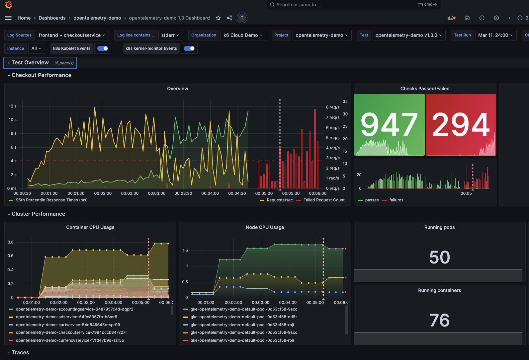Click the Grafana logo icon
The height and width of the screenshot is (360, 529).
pyautogui.click(x=9, y=5)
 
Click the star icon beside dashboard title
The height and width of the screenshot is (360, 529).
pyautogui.click(x=218, y=18)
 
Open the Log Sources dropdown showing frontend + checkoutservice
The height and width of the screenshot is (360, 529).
pyautogui.click(x=72, y=35)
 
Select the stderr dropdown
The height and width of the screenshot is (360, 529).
pyautogui.click(x=170, y=35)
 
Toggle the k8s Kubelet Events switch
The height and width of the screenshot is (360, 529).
pyautogui.click(x=103, y=48)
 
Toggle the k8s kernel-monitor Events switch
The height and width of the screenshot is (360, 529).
pyautogui.click(x=189, y=48)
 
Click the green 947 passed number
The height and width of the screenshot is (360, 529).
pyautogui.click(x=389, y=124)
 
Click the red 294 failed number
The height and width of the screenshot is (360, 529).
pyautogui.click(x=461, y=124)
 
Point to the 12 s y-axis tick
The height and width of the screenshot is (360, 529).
pyautogui.click(x=13, y=106)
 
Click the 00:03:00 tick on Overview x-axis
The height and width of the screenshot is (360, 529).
pyautogui.click(x=156, y=193)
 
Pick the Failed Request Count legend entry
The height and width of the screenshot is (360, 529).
pyautogui.click(x=320, y=200)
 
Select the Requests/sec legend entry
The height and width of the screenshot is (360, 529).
pyautogui.click(x=276, y=200)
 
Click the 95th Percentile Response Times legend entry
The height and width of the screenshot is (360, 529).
pyautogui.click(x=48, y=200)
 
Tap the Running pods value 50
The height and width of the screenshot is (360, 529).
pyautogui.click(x=439, y=257)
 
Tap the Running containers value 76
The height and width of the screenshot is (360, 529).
pyautogui.click(x=439, y=320)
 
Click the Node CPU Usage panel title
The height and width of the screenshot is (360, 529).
pyautogui.click(x=265, y=227)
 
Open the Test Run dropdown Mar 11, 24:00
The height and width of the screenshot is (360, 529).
pyautogui.click(x=495, y=35)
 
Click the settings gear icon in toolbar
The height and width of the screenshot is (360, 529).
pyautogui.click(x=496, y=18)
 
